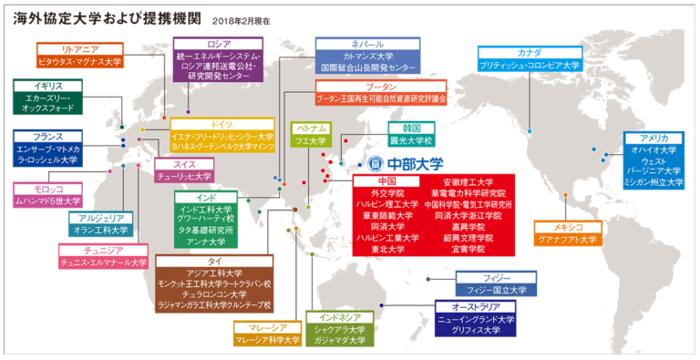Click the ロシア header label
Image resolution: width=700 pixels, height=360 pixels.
pyautogui.click(x=218, y=44)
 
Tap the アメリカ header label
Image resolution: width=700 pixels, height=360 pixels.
pyautogui.click(x=654, y=138)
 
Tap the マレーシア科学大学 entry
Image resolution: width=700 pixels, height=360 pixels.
pyautogui.click(x=267, y=340)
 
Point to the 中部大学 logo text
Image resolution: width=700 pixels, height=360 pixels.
pyautogui.click(x=407, y=163)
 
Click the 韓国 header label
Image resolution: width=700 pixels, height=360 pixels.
pyautogui.click(x=410, y=129)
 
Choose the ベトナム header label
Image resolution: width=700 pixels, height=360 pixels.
pyautogui.click(x=309, y=129)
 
